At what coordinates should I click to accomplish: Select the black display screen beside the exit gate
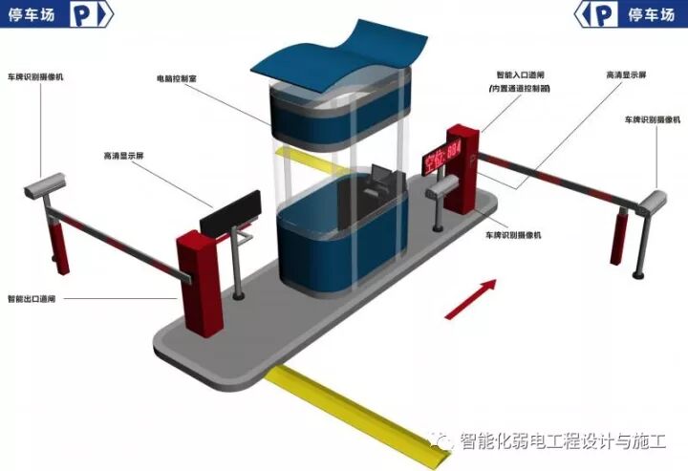pyautogui.click(x=229, y=210)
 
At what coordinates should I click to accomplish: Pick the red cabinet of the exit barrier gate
pyautogui.click(x=198, y=282)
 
